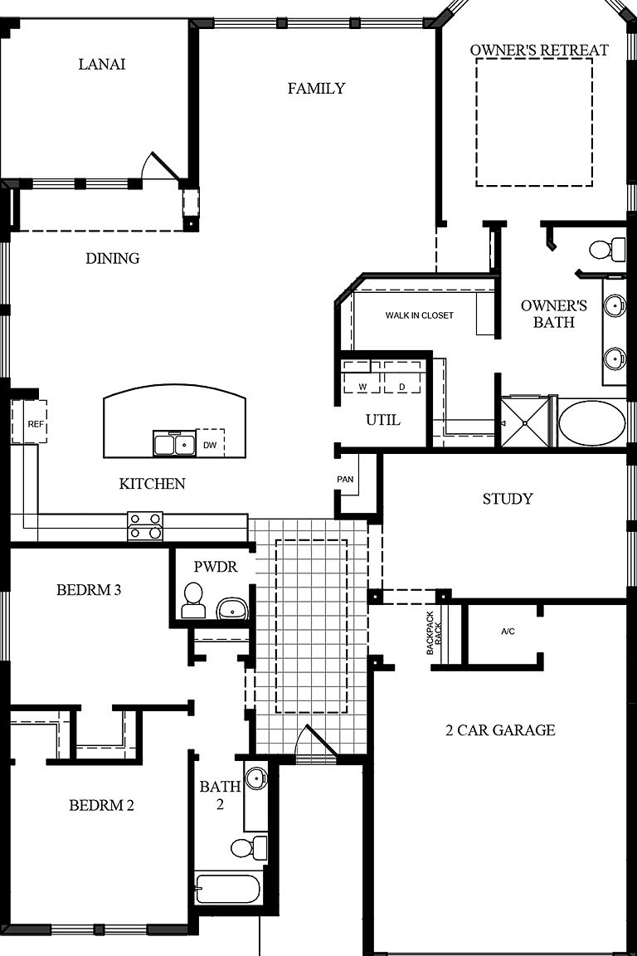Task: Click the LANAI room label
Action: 102,64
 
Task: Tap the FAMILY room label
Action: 316,88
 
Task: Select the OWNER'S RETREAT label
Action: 539,50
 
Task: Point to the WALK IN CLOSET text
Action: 419,315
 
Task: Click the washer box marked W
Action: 362,378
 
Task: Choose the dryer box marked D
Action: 402,378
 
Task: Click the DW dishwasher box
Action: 210,445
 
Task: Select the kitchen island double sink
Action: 174,444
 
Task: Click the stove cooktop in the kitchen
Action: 145,526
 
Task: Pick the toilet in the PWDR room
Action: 193,599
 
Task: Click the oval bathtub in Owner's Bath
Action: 591,423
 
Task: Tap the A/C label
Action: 508,632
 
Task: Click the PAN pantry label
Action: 345,480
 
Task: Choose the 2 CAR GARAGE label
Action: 500,730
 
